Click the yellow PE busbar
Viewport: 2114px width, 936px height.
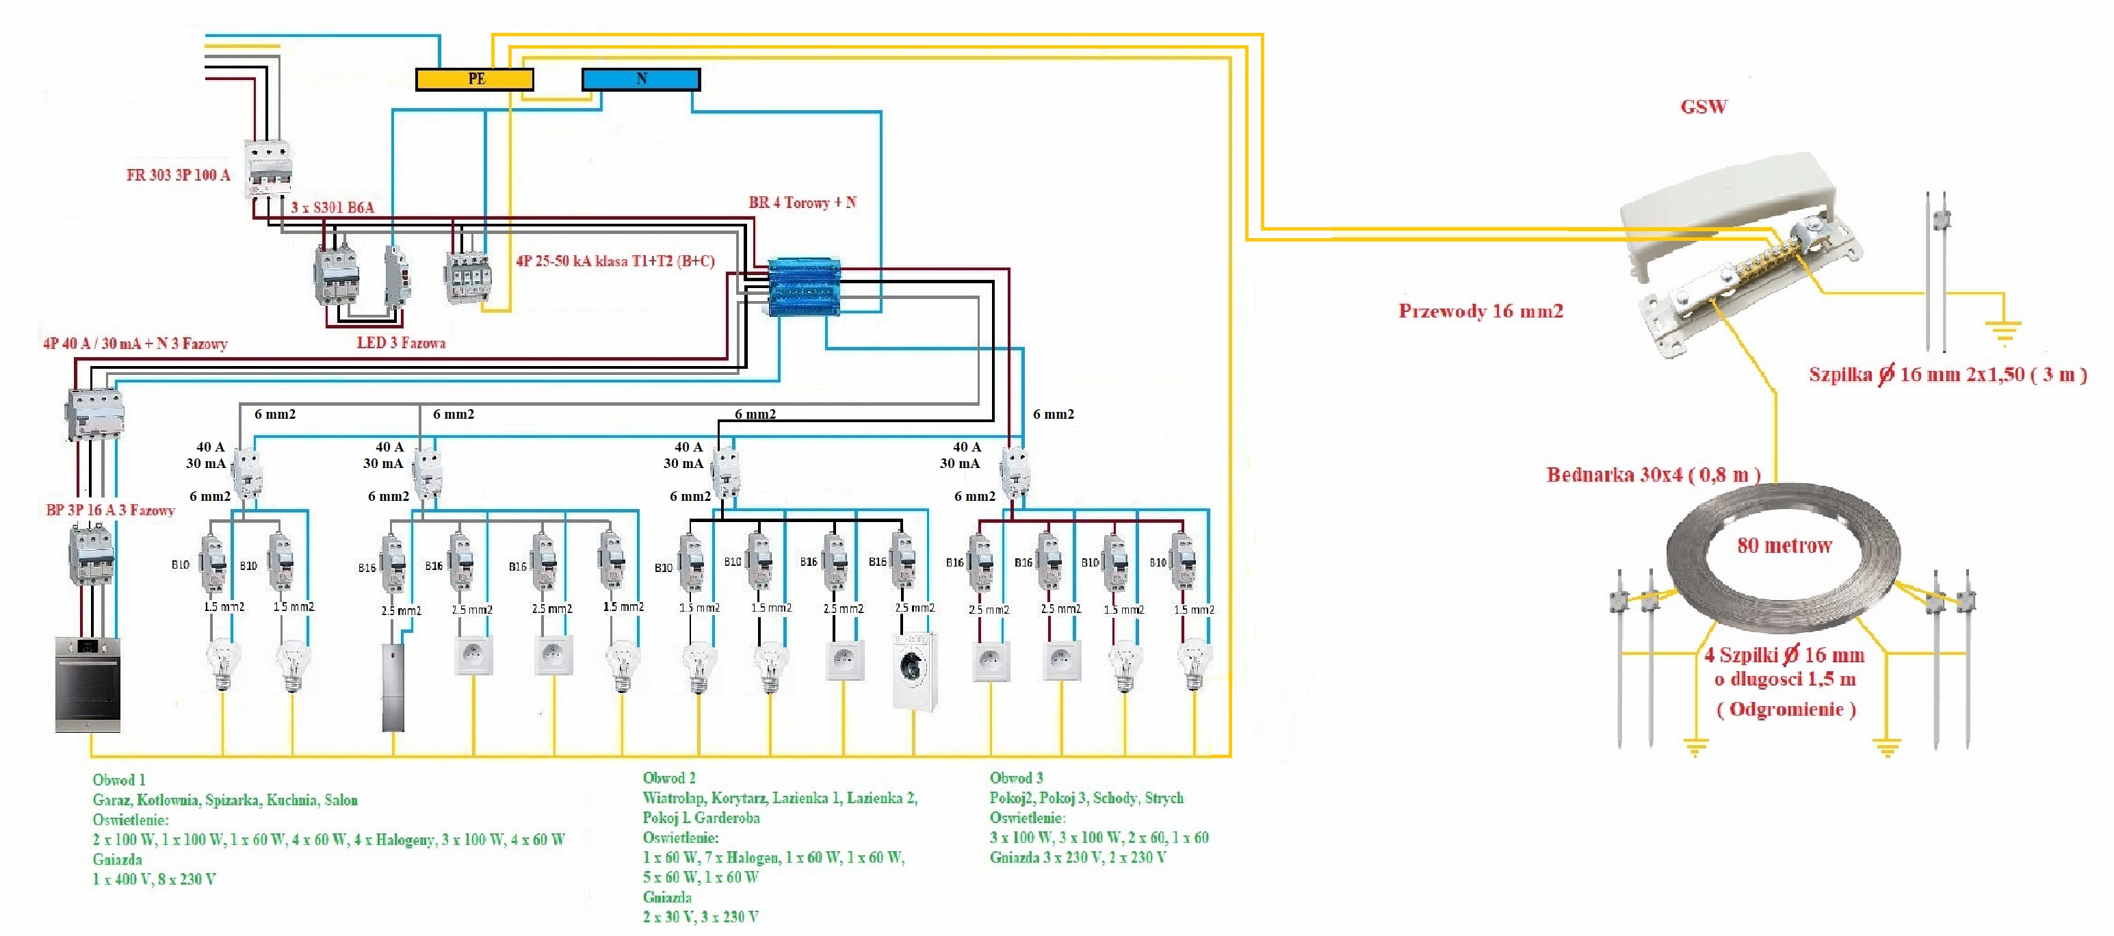pyautogui.click(x=474, y=79)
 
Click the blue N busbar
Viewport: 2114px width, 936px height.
pyautogui.click(x=641, y=79)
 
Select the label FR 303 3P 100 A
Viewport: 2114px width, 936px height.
pyautogui.click(x=178, y=175)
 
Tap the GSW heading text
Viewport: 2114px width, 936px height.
pyautogui.click(x=1704, y=107)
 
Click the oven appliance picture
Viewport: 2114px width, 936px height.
pyautogui.click(x=88, y=684)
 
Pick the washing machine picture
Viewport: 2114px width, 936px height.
pyautogui.click(x=914, y=670)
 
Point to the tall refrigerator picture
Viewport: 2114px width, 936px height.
pyautogui.click(x=393, y=687)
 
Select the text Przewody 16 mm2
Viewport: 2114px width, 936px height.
pyautogui.click(x=1480, y=311)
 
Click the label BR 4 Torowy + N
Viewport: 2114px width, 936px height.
pyautogui.click(x=802, y=203)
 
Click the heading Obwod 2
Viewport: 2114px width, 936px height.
pyautogui.click(x=669, y=777)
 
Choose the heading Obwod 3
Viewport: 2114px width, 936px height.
pyautogui.click(x=1016, y=777)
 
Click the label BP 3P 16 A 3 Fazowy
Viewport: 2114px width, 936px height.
pyautogui.click(x=110, y=510)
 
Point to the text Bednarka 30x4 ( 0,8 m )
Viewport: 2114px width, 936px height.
pyautogui.click(x=1653, y=475)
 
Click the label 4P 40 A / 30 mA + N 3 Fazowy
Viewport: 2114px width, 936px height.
pyautogui.click(x=135, y=343)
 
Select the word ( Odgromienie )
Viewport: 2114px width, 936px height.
pyautogui.click(x=1786, y=710)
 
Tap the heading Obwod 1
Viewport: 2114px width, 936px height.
pyautogui.click(x=118, y=780)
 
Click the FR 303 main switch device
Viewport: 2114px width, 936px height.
pyautogui.click(x=268, y=168)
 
